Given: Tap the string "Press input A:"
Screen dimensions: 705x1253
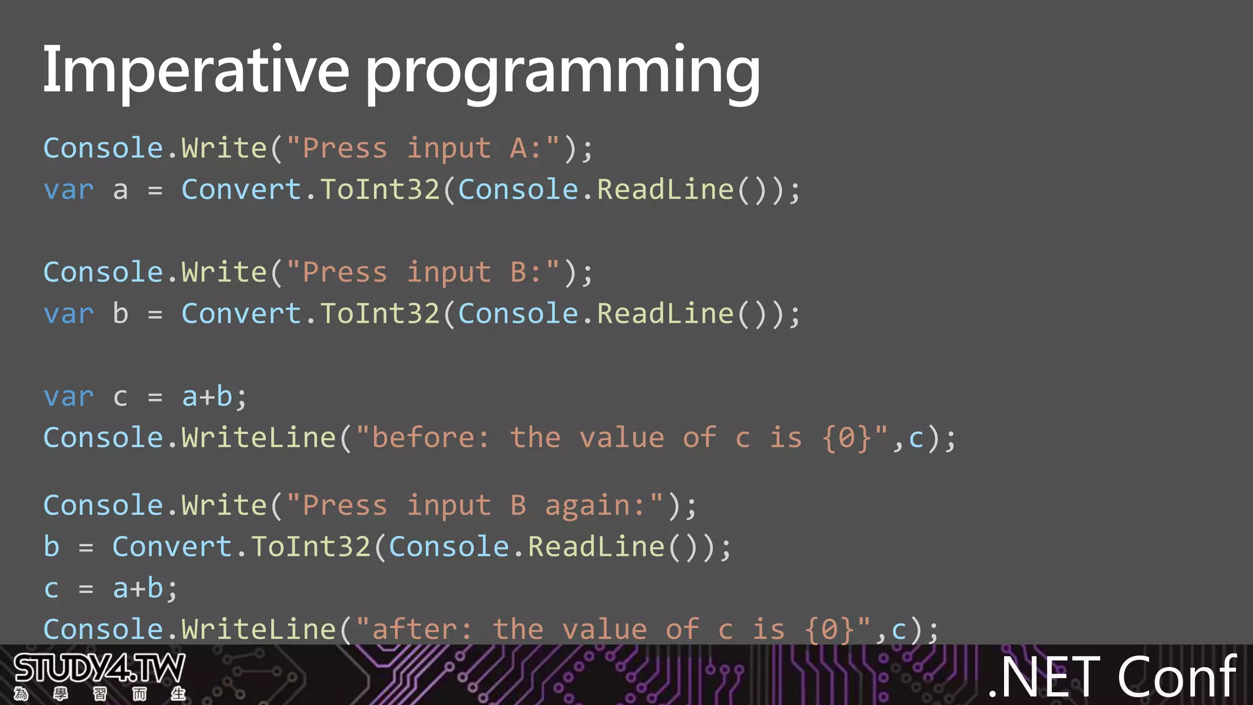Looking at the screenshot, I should click(x=423, y=149).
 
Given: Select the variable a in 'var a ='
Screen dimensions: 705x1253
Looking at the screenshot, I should click(x=121, y=190).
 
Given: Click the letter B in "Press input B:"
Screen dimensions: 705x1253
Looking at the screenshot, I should click(x=518, y=272).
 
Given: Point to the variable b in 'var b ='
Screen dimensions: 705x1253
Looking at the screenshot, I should click(x=121, y=314).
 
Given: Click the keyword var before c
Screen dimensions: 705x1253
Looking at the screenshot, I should click(x=69, y=397).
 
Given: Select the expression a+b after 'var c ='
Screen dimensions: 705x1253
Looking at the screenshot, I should click(x=208, y=397).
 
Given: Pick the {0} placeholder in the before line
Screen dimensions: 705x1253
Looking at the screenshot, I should click(x=846, y=438).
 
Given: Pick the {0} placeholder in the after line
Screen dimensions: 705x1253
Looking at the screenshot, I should click(x=829, y=630).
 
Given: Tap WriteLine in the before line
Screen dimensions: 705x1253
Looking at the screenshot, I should click(x=258, y=438).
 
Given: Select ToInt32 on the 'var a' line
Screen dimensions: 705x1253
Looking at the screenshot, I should click(x=379, y=190).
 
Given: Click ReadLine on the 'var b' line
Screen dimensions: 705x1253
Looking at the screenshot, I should click(x=665, y=314).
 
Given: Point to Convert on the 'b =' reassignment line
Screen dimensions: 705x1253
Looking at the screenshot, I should click(x=172, y=547).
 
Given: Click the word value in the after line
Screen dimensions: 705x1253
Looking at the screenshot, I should click(x=604, y=630).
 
